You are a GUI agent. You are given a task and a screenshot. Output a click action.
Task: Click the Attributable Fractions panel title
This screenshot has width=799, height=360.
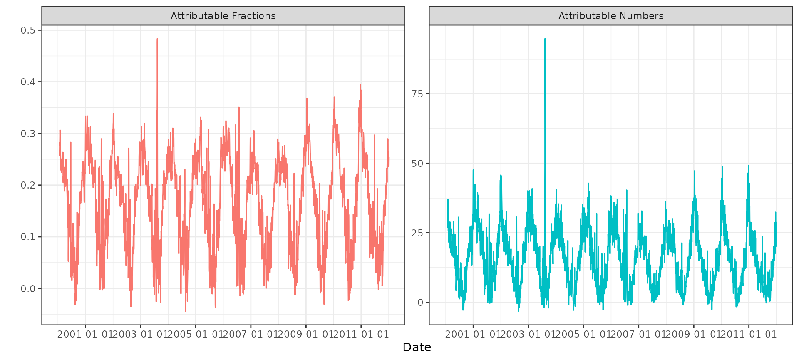223,16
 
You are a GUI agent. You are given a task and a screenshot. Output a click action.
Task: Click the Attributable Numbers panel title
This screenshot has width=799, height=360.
610,16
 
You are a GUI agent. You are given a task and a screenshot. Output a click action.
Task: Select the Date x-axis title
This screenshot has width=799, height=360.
417,347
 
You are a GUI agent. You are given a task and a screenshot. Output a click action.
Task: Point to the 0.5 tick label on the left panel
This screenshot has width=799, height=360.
28,30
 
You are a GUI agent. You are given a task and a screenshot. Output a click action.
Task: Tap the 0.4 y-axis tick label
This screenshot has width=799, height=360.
28,82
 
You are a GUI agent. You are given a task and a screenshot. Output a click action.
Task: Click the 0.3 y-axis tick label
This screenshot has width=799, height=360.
28,134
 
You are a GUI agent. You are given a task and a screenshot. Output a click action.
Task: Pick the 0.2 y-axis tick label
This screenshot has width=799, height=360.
28,185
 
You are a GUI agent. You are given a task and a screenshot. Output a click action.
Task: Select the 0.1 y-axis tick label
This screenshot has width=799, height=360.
28,237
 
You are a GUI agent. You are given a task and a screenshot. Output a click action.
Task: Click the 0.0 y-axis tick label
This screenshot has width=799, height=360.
28,289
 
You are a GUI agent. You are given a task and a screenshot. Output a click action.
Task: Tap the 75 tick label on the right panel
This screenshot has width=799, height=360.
417,94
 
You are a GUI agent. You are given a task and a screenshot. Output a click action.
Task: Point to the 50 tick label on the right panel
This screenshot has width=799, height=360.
417,164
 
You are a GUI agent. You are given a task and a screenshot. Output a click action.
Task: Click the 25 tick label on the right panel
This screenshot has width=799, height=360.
417,233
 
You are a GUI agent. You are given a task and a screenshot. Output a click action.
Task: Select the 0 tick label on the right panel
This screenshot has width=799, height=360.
420,303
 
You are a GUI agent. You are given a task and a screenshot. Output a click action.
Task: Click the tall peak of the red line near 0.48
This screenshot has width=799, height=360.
157,40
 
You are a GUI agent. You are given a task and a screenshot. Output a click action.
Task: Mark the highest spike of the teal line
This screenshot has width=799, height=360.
545,40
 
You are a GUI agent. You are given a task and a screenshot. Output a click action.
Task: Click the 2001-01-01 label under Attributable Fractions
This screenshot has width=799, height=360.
85,334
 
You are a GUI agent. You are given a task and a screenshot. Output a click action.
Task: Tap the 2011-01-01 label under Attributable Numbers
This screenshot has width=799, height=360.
749,334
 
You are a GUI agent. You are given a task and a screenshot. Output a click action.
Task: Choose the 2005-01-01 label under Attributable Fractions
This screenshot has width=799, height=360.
196,334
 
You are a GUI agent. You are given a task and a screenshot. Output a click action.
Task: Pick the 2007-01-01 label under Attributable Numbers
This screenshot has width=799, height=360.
638,334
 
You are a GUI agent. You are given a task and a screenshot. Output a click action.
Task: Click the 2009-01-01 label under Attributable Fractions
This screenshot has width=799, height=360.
306,334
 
